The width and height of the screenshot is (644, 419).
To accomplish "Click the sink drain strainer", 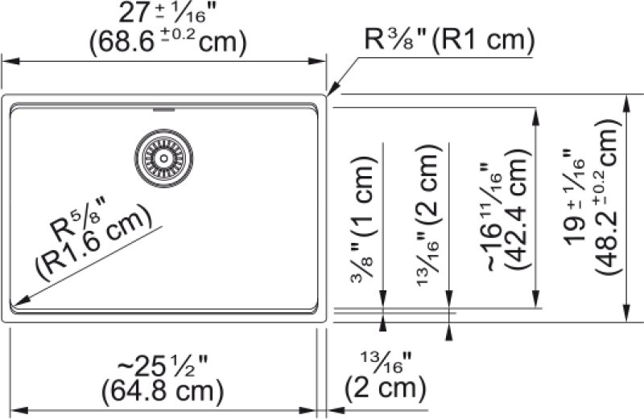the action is (x=164, y=158).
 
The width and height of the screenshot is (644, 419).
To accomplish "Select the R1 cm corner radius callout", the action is (x=449, y=40).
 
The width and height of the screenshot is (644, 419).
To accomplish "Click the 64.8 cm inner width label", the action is (x=163, y=391).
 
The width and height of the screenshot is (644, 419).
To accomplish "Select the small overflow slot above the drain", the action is (x=164, y=109).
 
